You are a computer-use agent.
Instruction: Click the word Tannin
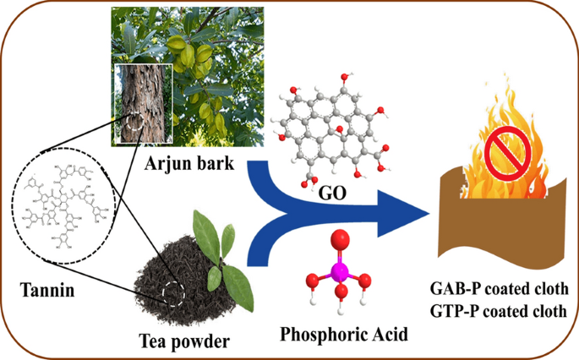[x=44, y=292]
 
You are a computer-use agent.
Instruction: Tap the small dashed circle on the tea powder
[x=174, y=293]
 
